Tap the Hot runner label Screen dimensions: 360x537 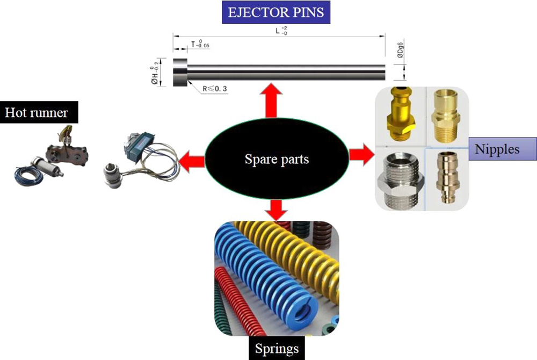click(37, 112)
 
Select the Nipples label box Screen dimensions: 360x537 click(497, 149)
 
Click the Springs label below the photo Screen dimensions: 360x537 click(277, 349)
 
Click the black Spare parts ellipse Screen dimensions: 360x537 click(277, 159)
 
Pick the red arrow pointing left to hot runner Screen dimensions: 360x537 click(192, 160)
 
